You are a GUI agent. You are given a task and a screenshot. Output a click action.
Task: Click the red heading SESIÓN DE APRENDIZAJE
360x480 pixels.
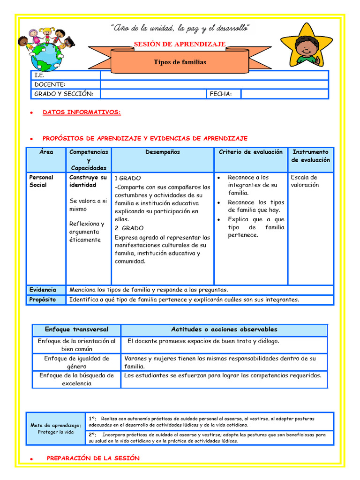point(180,44)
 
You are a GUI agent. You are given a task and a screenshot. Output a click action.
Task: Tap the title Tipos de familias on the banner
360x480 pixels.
point(180,62)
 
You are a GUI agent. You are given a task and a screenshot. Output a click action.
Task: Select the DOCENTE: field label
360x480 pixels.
point(50,84)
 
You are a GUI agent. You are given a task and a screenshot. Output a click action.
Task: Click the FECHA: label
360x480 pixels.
point(221,94)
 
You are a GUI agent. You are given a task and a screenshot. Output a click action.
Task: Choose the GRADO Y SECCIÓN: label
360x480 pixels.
point(64,94)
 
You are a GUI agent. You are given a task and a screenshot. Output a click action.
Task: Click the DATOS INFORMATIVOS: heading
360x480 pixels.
point(82,112)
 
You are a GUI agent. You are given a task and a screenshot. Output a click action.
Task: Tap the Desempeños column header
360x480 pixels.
point(163,152)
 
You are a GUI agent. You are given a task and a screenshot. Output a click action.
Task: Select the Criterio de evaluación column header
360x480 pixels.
point(251,152)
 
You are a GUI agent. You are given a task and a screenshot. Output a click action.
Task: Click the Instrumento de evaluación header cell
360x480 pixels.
point(310,156)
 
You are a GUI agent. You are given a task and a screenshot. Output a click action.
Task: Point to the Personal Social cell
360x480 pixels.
point(41,181)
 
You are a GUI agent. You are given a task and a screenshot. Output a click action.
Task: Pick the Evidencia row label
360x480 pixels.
point(43,290)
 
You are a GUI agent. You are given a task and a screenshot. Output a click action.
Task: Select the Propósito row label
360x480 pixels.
point(43,300)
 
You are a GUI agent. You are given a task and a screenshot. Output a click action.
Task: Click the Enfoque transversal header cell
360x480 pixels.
point(76,330)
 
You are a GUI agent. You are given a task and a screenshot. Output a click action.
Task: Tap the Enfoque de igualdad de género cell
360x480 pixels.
point(76,362)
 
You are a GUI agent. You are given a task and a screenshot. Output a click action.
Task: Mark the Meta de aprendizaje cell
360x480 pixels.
point(56,428)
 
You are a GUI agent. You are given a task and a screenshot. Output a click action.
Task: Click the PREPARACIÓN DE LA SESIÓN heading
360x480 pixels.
point(93,458)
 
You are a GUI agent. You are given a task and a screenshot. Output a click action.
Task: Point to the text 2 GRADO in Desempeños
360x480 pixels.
point(129,228)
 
